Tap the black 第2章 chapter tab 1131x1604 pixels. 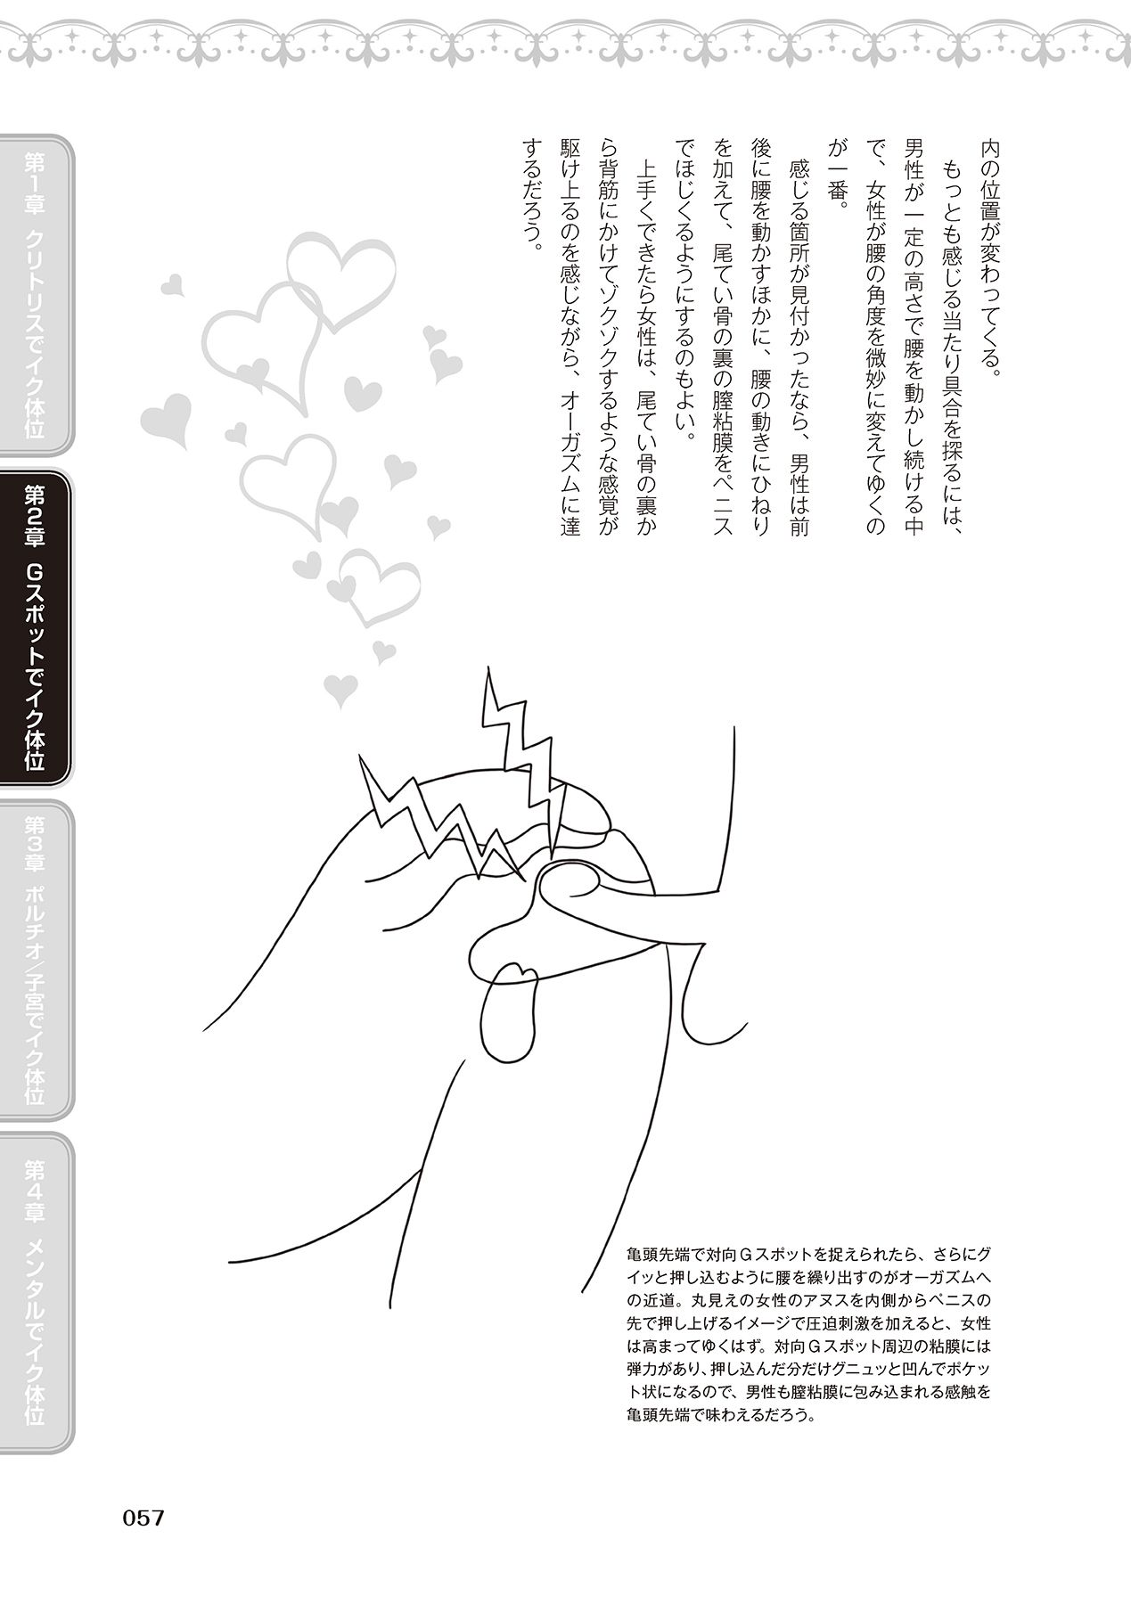pyautogui.click(x=36, y=628)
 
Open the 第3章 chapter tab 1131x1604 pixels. pyautogui.click(x=36, y=959)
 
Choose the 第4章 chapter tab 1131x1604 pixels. pyautogui.click(x=36, y=1292)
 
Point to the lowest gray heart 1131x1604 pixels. pyautogui.click(x=338, y=687)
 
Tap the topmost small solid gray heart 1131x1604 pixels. pyautogui.click(x=173, y=285)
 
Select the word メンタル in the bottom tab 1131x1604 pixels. pyautogui.click(x=36, y=1271)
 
